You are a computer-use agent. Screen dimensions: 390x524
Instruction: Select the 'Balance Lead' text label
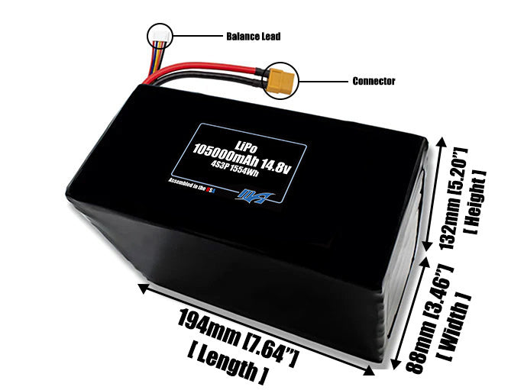coord(253,36)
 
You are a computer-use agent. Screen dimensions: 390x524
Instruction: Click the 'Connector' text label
coord(374,81)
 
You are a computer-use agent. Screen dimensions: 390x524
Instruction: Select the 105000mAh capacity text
coord(228,156)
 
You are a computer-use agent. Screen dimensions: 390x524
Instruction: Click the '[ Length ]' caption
coord(226,362)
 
